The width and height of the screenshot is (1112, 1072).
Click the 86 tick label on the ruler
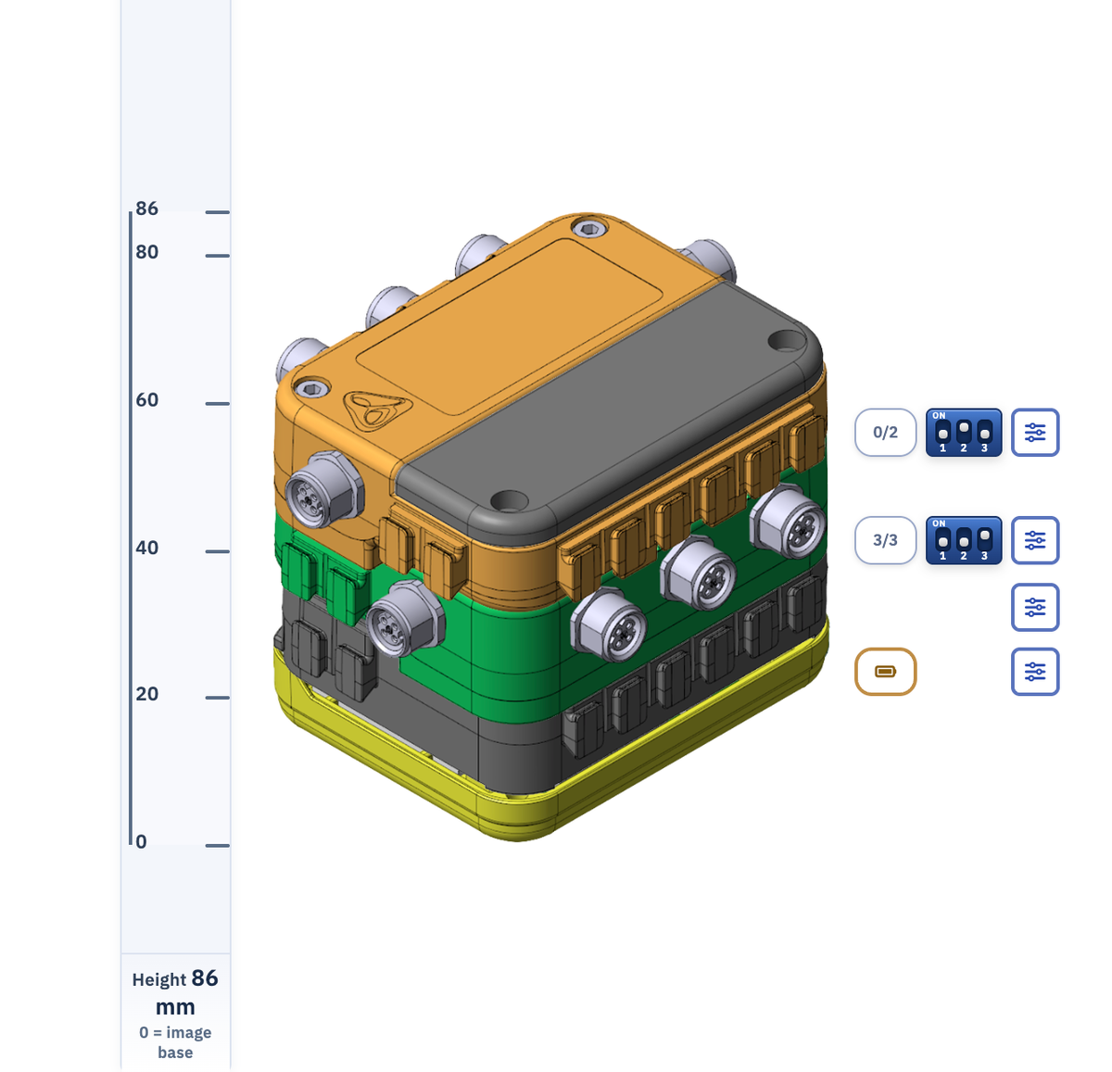146,208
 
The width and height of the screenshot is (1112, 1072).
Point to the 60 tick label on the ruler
146,400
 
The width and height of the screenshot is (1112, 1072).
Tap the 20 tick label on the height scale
146,694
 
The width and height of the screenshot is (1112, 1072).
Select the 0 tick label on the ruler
141,841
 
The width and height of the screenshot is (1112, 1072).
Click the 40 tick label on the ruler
146,548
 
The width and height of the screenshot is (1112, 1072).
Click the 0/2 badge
885,433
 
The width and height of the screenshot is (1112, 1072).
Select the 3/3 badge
885,540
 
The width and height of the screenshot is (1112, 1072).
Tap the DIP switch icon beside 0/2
964,433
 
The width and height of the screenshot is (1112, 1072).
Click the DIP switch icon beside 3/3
964,540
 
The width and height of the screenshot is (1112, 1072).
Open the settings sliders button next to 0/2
1035,433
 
